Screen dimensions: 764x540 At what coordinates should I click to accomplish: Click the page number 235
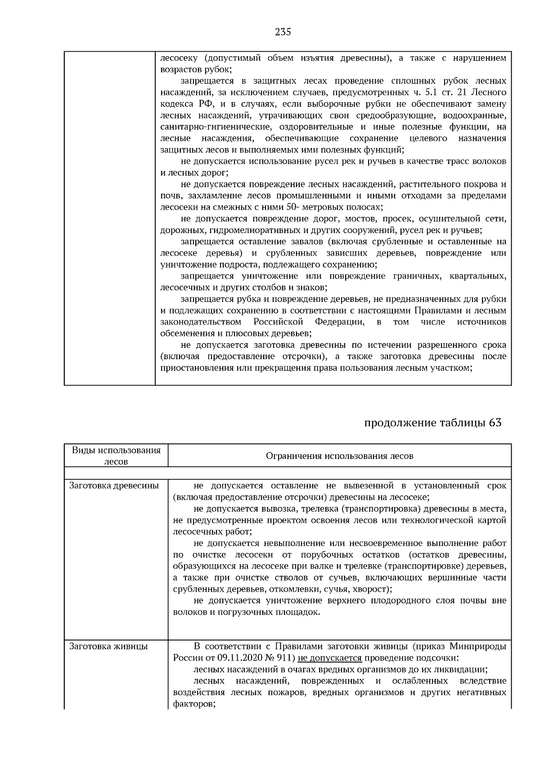coord(283,32)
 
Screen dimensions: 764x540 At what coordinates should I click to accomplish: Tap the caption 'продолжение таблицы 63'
coord(432,423)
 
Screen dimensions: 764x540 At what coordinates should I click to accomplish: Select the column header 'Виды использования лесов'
coord(116,456)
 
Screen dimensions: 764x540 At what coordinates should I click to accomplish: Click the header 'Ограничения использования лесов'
coord(339,456)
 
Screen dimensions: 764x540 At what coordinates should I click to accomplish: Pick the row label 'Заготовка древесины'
coord(114,485)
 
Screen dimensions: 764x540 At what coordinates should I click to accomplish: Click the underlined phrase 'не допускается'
coord(330,658)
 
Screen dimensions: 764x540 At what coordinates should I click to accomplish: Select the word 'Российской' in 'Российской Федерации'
coord(277,322)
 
